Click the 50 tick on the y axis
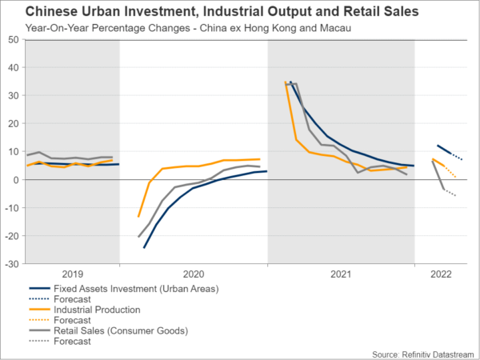click(14, 39)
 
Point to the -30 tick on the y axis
click(13, 263)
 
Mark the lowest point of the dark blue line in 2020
click(145, 247)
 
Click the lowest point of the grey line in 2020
click(138, 237)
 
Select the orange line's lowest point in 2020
click(138, 217)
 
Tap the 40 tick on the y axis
click(14, 67)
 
